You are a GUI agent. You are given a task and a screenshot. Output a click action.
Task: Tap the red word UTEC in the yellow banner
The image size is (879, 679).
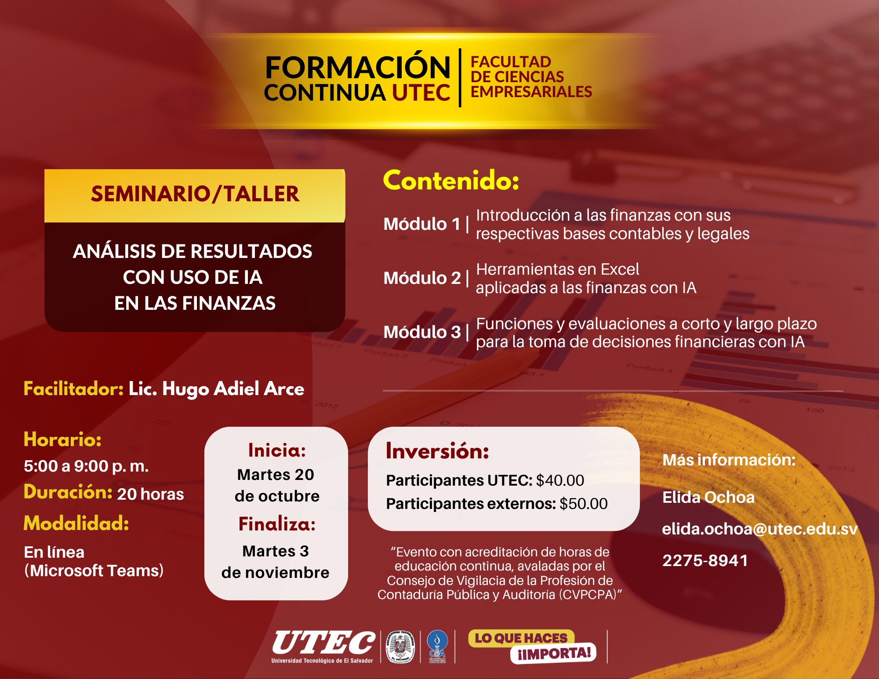pyautogui.click(x=421, y=93)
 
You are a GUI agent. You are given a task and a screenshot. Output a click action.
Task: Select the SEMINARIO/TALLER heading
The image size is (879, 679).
pyautogui.click(x=195, y=194)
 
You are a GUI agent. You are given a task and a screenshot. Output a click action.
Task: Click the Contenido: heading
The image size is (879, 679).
pyautogui.click(x=451, y=181)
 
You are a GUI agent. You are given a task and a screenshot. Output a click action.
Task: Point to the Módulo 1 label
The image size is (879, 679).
pyautogui.click(x=422, y=224)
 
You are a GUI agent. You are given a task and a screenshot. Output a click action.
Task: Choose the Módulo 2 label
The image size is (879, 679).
pyautogui.click(x=422, y=278)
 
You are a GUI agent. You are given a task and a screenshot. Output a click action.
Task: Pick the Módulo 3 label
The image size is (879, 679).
pyautogui.click(x=422, y=332)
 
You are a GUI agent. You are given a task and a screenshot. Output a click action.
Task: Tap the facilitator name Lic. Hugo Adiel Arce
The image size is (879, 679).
pyautogui.click(x=216, y=389)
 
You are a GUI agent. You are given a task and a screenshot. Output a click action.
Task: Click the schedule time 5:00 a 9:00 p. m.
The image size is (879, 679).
pyautogui.click(x=86, y=466)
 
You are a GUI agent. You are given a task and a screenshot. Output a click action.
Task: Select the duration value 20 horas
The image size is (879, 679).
pyautogui.click(x=150, y=494)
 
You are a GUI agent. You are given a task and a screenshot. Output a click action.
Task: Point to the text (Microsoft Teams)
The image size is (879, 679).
pyautogui.click(x=94, y=570)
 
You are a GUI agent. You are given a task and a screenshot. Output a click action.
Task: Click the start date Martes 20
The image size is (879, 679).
pyautogui.click(x=276, y=475)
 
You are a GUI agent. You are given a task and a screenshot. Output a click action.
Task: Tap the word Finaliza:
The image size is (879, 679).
pyautogui.click(x=277, y=524)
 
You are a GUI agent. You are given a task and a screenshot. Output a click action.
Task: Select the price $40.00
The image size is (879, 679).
pyautogui.click(x=560, y=480)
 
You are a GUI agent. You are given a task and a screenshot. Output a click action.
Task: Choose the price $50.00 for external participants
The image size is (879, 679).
pyautogui.click(x=584, y=504)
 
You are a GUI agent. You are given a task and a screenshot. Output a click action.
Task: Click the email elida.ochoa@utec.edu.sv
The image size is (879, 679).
pyautogui.click(x=760, y=529)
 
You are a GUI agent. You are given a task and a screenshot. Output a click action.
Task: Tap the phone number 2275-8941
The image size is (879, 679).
pyautogui.click(x=705, y=560)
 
